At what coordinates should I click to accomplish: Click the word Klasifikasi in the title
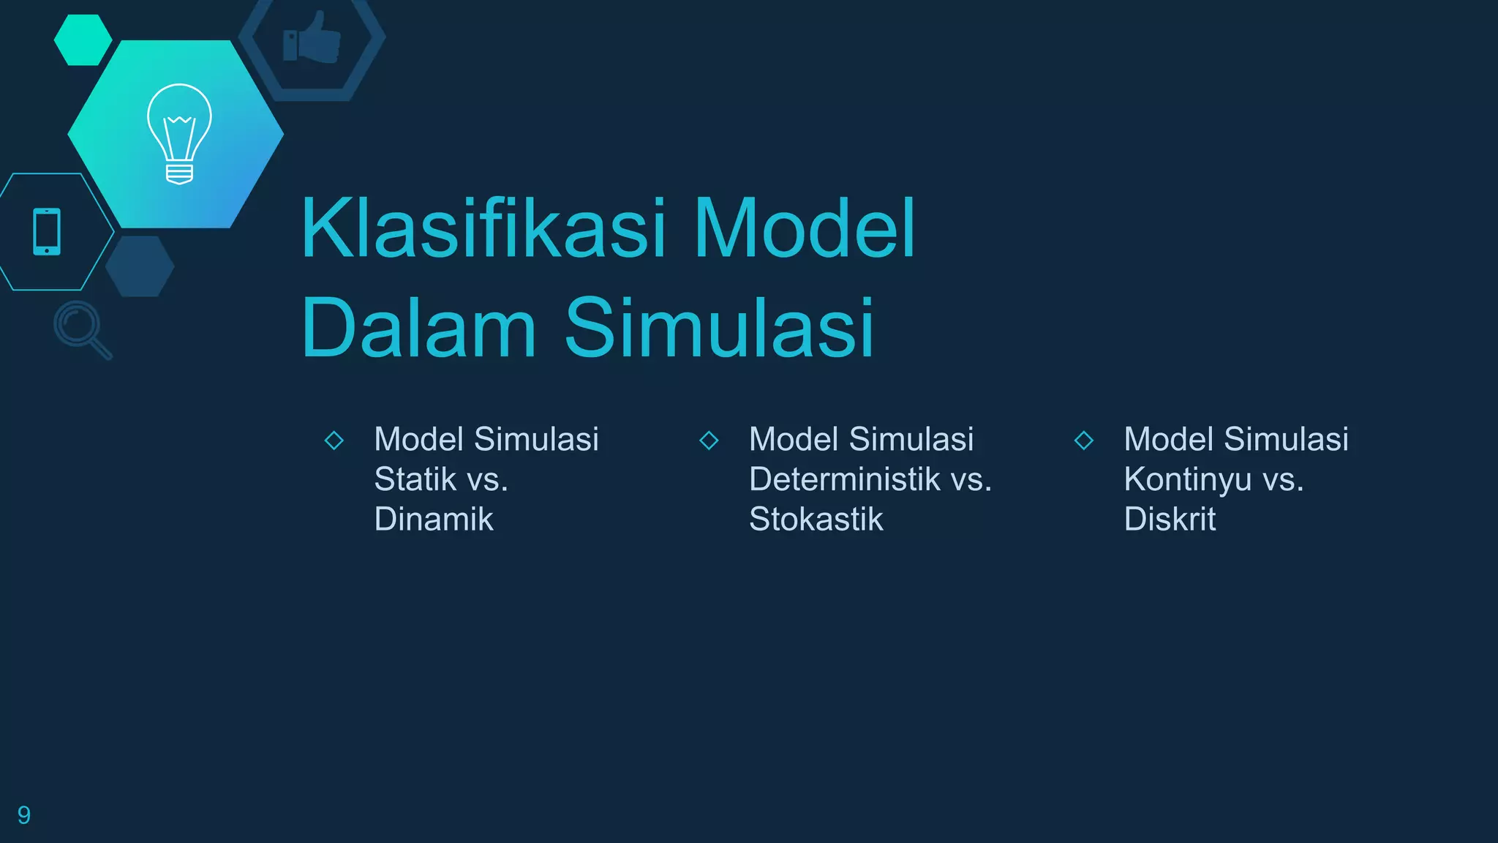tap(483, 228)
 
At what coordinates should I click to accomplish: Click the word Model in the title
tap(805, 228)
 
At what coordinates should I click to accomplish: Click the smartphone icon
tap(47, 232)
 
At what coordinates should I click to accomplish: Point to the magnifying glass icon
tap(82, 329)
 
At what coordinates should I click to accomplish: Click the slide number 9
tap(23, 815)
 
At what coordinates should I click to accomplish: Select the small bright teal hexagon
tap(83, 40)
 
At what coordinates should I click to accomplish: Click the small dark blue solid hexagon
tap(140, 266)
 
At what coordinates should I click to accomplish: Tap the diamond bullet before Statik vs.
tap(334, 441)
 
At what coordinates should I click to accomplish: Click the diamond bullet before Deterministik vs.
tap(709, 441)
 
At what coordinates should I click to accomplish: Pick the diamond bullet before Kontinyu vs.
tap(1084, 441)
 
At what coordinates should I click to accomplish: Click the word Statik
tap(415, 480)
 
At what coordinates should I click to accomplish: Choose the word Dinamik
tap(434, 520)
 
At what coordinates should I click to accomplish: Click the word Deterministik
tap(845, 480)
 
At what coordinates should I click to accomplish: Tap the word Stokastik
tap(816, 520)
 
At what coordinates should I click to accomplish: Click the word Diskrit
tap(1170, 520)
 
